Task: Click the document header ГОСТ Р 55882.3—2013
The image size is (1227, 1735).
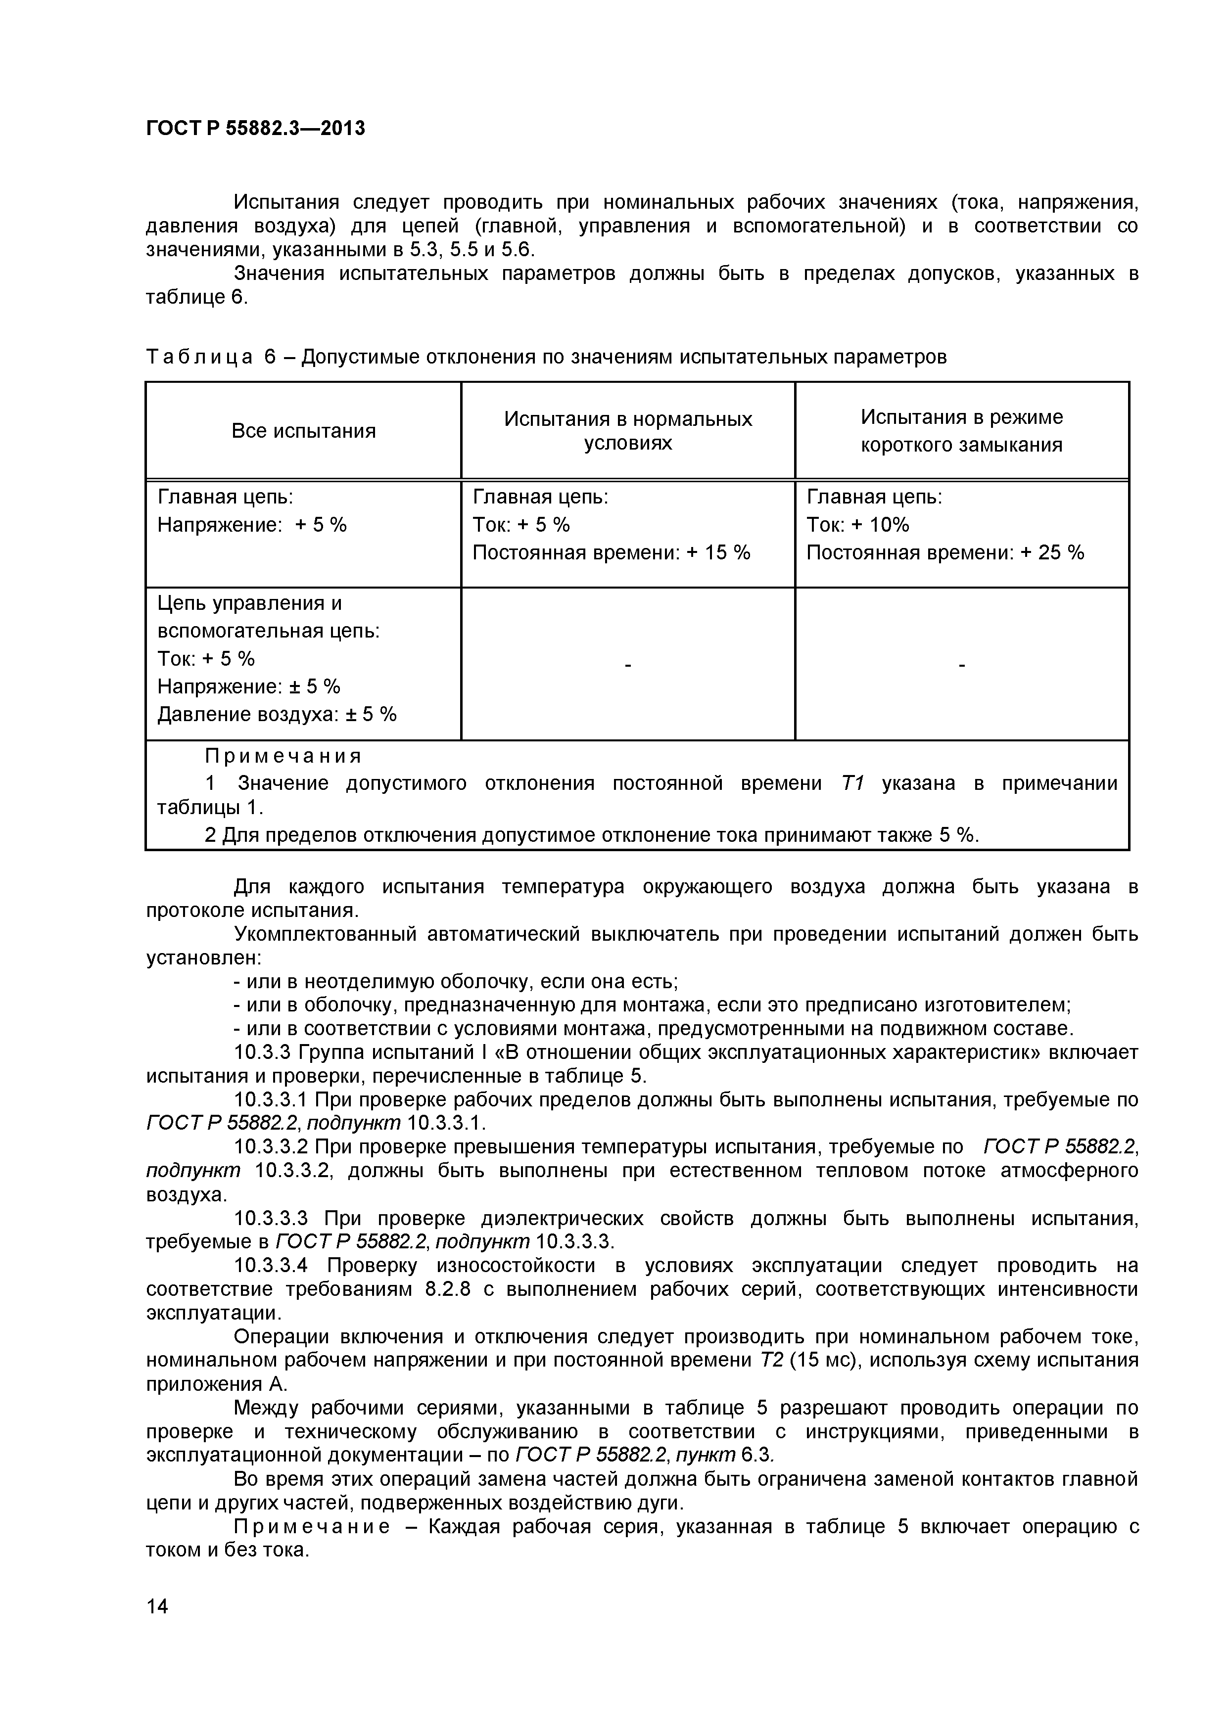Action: click(255, 129)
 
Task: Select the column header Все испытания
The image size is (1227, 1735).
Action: click(303, 431)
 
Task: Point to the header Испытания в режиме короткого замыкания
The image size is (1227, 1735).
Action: click(962, 431)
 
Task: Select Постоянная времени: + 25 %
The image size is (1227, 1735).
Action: click(945, 552)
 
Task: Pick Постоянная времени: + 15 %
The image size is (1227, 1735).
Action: click(611, 552)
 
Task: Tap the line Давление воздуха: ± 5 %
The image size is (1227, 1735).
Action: click(277, 714)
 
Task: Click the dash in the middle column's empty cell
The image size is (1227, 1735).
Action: click(627, 665)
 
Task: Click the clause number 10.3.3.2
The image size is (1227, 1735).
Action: click(272, 1147)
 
